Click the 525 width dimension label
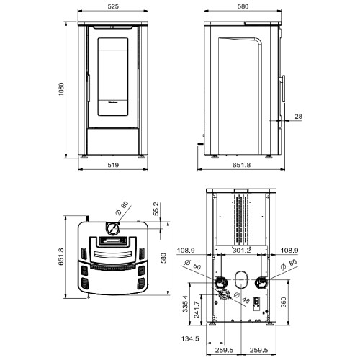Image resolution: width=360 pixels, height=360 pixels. [x=113, y=6]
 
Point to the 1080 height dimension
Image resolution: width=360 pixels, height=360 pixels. [x=61, y=89]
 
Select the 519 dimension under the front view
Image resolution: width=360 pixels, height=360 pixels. [x=113, y=165]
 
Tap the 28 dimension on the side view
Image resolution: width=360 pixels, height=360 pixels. [x=298, y=117]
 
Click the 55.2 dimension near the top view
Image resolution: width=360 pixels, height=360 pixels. [x=156, y=209]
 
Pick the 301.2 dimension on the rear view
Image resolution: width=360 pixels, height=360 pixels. [x=241, y=251]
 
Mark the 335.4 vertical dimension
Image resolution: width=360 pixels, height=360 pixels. [x=185, y=304]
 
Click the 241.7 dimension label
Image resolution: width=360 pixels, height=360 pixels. [x=197, y=310]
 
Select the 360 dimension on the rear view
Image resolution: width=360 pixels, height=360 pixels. [x=284, y=302]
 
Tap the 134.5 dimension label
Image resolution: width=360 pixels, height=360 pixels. [x=190, y=338]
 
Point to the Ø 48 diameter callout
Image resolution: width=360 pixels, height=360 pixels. [x=241, y=297]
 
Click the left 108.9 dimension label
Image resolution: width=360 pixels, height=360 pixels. [x=186, y=251]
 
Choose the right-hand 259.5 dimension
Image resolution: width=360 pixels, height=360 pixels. [x=258, y=350]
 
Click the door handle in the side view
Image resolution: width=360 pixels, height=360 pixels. [x=283, y=88]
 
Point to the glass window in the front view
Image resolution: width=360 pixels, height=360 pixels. [x=113, y=77]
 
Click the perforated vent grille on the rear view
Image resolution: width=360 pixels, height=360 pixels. [x=241, y=219]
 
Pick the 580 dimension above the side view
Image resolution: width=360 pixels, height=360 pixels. [x=243, y=6]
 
